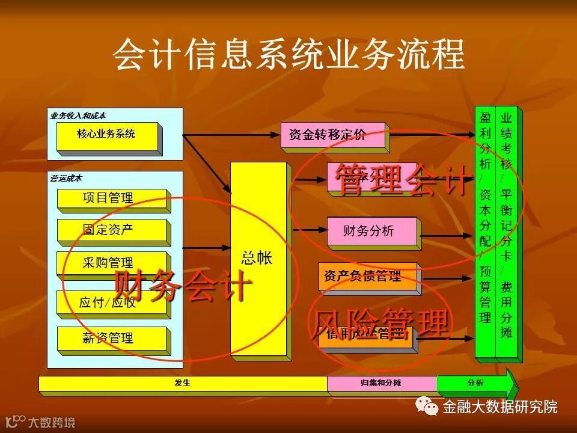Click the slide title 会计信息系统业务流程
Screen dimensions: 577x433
click(288, 55)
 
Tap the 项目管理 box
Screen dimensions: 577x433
click(111, 198)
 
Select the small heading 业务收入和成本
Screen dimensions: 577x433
click(78, 115)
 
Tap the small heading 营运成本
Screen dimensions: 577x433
click(66, 179)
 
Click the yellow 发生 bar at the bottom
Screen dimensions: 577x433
click(183, 383)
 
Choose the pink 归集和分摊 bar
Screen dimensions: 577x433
click(381, 383)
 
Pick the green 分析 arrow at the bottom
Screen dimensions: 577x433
click(475, 383)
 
